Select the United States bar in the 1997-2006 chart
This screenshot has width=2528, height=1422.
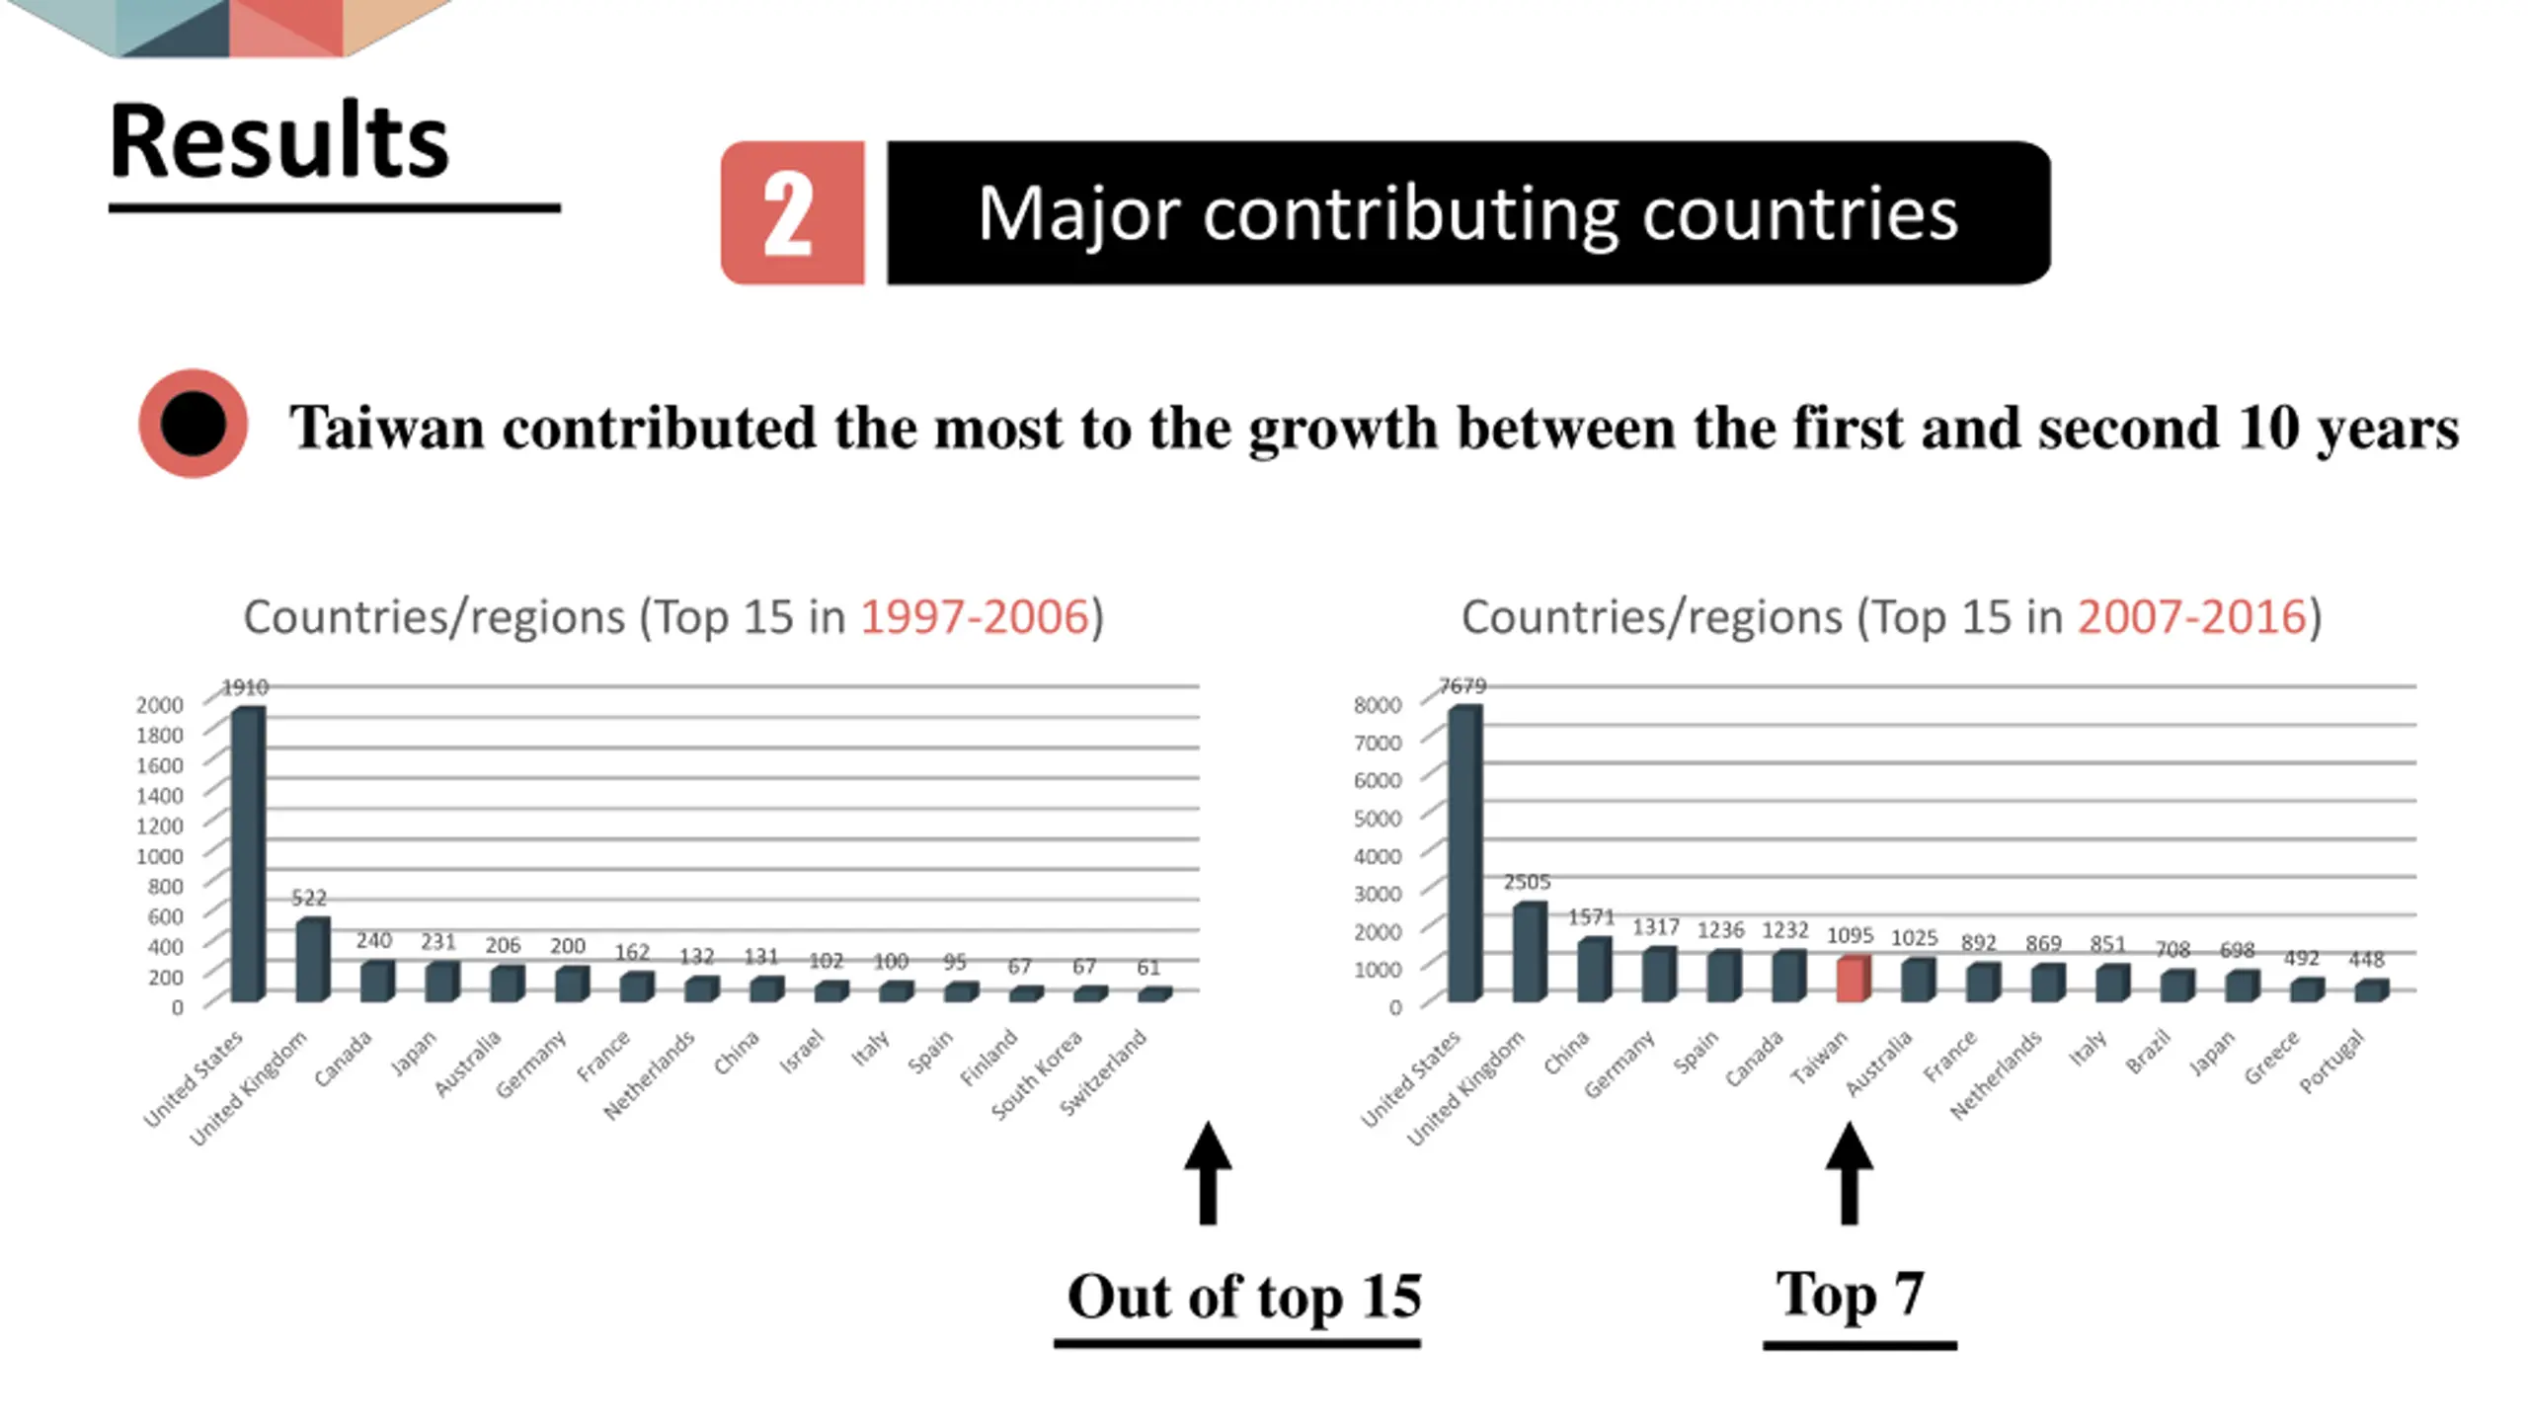point(247,854)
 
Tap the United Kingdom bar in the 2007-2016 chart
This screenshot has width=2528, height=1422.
point(1528,952)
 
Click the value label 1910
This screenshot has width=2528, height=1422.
point(245,686)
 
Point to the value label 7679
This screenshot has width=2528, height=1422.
point(1462,685)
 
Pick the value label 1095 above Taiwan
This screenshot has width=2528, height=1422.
point(1850,935)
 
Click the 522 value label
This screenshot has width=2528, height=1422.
point(309,898)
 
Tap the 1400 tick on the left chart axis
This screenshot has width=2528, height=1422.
point(160,795)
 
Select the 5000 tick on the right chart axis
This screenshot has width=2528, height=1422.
point(1378,818)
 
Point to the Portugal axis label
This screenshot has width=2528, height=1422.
point(2332,1061)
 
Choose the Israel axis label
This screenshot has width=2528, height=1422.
point(802,1050)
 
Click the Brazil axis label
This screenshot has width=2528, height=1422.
point(2149,1051)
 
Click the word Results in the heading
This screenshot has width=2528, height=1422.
point(279,141)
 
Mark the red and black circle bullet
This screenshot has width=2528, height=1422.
point(193,424)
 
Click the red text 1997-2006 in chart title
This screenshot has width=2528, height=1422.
point(974,617)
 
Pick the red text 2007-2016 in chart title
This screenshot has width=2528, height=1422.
point(2191,617)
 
